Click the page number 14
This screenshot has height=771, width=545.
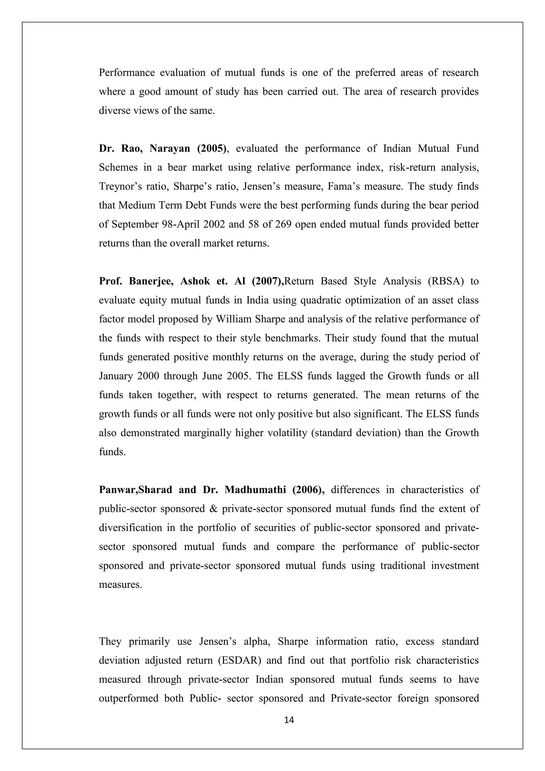(289, 720)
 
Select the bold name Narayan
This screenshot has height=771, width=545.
(170, 149)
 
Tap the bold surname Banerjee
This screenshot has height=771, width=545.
(151, 281)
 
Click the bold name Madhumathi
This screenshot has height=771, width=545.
(255, 490)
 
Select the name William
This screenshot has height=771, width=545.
(234, 319)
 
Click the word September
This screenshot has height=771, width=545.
(135, 224)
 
